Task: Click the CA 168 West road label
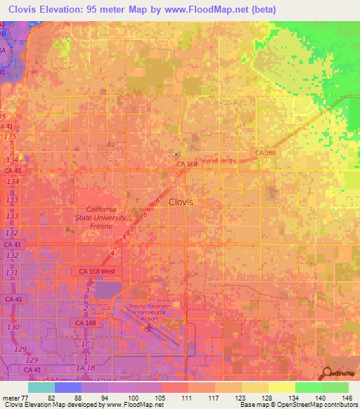(98, 271)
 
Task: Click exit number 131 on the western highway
(11, 272)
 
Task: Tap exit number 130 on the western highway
(11, 327)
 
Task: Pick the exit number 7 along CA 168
(174, 182)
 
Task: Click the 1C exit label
(86, 344)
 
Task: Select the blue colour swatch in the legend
(68, 387)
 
